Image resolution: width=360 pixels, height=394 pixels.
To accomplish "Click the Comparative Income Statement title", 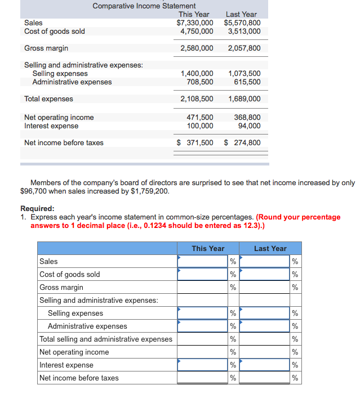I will (x=144, y=6).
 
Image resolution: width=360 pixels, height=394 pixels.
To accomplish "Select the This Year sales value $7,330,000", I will (x=194, y=23).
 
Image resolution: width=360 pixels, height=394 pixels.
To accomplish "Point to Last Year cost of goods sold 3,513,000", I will (x=244, y=32).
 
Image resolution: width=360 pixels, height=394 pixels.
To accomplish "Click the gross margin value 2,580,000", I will (x=197, y=48).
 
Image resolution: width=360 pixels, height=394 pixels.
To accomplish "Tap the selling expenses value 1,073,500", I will (x=244, y=74).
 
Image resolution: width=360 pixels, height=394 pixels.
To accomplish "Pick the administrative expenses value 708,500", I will (x=199, y=82).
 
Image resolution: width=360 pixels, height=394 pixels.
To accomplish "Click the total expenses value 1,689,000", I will (x=244, y=99).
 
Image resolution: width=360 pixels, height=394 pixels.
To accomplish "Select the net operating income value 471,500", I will (x=199, y=118).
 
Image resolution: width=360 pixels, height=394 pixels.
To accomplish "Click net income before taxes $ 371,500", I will (x=195, y=143).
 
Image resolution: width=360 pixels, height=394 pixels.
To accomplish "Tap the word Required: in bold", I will (x=37, y=208).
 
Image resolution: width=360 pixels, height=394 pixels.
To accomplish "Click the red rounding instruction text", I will (x=185, y=221).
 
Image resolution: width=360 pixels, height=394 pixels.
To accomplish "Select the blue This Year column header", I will (x=208, y=248).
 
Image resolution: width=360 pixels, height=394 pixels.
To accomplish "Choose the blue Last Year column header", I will (x=270, y=248).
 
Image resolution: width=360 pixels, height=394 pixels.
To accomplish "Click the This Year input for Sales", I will (x=203, y=261).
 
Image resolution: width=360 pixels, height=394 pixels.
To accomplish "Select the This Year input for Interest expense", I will (x=203, y=365).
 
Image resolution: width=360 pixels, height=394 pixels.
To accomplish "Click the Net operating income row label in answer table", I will (x=74, y=352).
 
